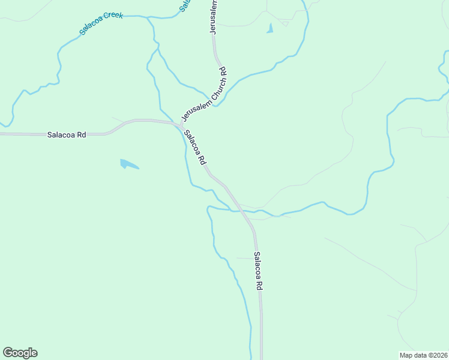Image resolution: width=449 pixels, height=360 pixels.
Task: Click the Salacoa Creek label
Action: [x=101, y=23]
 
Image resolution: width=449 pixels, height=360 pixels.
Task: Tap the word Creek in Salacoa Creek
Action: [x=113, y=16]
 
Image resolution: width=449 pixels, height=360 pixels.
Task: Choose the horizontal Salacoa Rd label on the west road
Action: [x=67, y=135]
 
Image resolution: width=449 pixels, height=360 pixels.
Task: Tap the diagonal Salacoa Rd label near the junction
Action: [x=195, y=148]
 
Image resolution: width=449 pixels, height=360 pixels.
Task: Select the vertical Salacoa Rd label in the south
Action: [x=258, y=271]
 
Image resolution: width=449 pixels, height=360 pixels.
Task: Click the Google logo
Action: [x=20, y=352]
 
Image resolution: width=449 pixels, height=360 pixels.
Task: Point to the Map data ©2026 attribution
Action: [x=423, y=355]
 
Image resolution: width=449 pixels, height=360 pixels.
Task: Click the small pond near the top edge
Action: [x=270, y=28]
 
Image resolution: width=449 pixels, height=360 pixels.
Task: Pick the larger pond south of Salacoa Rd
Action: [x=128, y=164]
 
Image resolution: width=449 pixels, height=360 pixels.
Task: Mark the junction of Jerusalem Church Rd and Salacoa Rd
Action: [x=181, y=125]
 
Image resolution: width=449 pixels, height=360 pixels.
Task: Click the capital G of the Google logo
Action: [x=8, y=352]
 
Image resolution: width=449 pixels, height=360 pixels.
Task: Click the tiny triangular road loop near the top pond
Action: [x=285, y=23]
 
